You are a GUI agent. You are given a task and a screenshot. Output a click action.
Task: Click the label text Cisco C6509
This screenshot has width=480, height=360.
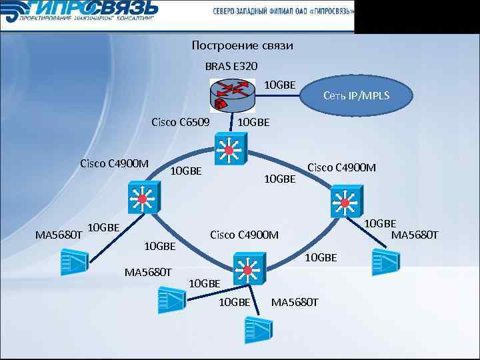point(180,122)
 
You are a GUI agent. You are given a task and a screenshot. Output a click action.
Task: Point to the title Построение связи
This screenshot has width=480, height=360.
point(242,45)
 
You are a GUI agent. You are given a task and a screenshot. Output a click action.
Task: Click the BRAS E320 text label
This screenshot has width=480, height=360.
point(231,66)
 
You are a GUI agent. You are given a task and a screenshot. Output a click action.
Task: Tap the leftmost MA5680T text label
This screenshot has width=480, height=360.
point(59,235)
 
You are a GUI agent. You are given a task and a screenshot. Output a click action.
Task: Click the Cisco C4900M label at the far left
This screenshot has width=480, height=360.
point(114,163)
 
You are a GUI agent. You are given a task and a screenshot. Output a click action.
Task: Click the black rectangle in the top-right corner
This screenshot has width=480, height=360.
point(417,16)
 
